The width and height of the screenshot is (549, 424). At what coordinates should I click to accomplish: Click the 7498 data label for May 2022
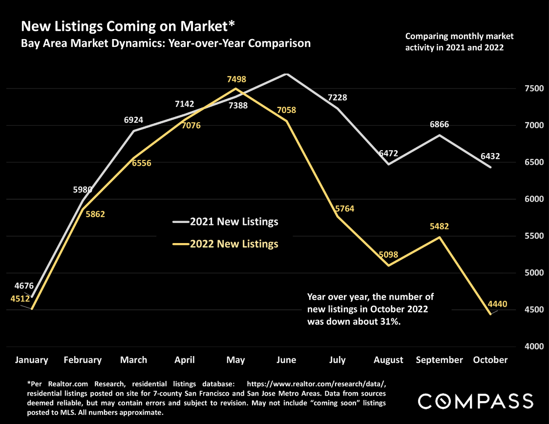[236, 79]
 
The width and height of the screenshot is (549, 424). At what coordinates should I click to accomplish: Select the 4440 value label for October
[497, 304]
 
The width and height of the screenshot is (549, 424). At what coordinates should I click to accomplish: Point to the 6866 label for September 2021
[439, 125]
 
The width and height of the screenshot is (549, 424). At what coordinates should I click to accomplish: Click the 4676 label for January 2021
[24, 286]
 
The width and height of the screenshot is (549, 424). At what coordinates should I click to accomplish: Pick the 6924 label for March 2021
[134, 120]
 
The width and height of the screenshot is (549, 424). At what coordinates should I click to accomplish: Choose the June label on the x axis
[286, 360]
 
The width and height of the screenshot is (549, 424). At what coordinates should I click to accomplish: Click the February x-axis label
[83, 360]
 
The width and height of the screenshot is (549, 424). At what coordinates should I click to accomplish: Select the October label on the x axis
[490, 360]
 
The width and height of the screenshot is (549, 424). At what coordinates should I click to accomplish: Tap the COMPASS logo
[476, 401]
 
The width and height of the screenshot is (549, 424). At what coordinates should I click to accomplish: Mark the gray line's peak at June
[287, 74]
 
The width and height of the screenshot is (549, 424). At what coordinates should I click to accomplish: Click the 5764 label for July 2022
[344, 209]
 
